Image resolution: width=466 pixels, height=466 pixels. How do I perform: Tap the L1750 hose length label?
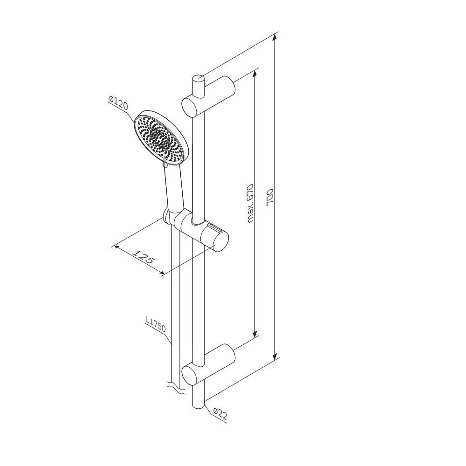point(156,325)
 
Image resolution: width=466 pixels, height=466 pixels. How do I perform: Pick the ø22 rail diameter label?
point(220,414)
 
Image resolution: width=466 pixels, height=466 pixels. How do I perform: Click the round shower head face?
point(161,137)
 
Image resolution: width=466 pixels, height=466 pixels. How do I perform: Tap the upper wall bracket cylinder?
point(208,96)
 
